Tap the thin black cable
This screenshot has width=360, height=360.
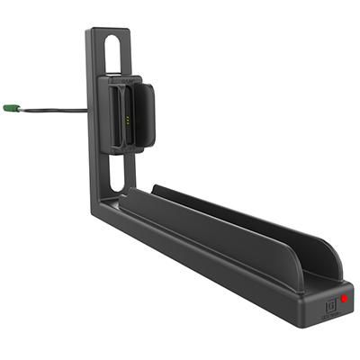[49, 110]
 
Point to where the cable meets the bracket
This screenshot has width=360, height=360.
[88, 110]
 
